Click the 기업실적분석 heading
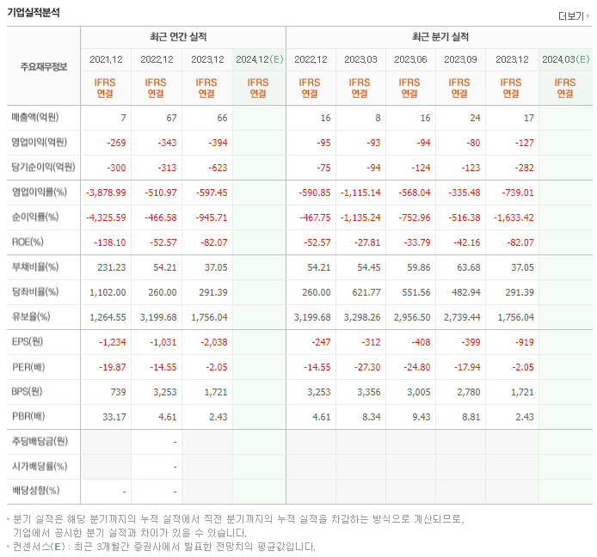tap(34, 13)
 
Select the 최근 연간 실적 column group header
tap(182, 37)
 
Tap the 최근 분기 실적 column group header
tap(440, 37)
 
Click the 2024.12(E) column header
tap(259, 59)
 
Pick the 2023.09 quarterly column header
tap(459, 59)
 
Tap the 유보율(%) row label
tap(33, 316)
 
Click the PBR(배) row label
tap(30, 416)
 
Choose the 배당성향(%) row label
tap(35, 491)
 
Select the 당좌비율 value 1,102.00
tap(108, 292)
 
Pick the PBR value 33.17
tap(114, 416)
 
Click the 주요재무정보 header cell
tap(43, 67)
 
